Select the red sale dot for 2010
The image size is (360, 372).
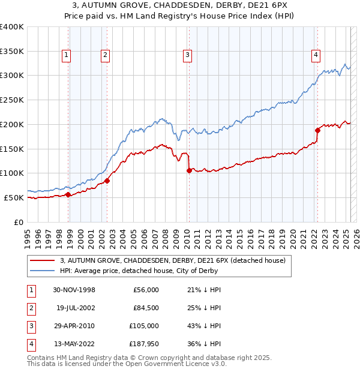click(x=189, y=170)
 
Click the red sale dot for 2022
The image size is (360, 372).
click(x=317, y=130)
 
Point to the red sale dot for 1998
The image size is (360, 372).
click(x=68, y=194)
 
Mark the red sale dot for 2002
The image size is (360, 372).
click(x=107, y=181)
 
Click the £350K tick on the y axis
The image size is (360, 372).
click(x=12, y=52)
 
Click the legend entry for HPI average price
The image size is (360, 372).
click(x=139, y=271)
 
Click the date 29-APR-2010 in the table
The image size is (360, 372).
click(x=74, y=326)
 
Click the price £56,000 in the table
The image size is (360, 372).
click(x=146, y=290)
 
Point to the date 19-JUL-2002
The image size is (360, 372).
click(x=75, y=308)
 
